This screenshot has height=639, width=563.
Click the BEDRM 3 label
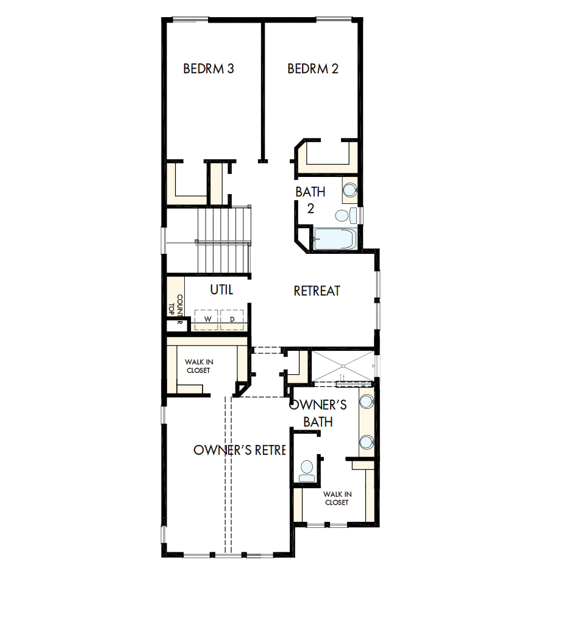[x=209, y=68]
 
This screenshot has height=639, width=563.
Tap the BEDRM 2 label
[x=313, y=68]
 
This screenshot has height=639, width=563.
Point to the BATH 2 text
[x=310, y=200]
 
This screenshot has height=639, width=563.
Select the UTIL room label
[x=222, y=290]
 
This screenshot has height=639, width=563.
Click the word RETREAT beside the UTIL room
[x=317, y=291]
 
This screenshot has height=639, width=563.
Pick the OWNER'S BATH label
[x=318, y=413]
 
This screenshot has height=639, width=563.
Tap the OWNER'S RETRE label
[x=240, y=450]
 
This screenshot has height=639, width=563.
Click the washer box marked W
[x=207, y=319]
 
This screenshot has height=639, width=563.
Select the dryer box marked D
[x=232, y=319]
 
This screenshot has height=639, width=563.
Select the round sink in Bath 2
[x=350, y=189]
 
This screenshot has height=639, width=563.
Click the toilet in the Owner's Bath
[x=306, y=469]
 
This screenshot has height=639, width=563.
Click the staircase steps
[x=224, y=240]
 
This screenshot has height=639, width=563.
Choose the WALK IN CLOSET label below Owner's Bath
[x=336, y=498]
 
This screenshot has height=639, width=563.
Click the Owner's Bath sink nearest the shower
[x=366, y=401]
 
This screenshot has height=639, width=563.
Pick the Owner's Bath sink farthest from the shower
[x=366, y=441]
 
